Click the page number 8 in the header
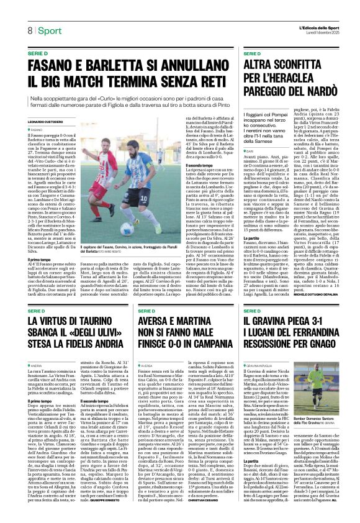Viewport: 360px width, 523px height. click(29, 30)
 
